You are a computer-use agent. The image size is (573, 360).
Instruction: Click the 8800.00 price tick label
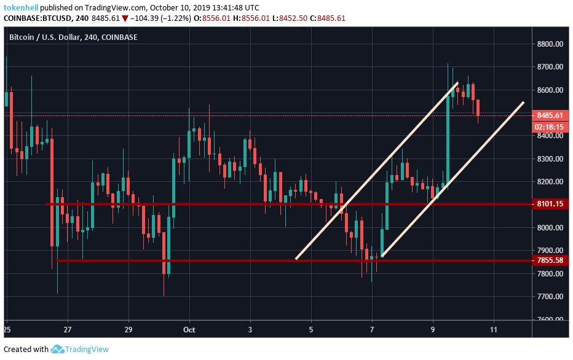(x=549, y=44)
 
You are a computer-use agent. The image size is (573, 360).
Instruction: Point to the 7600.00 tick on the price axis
(x=549, y=319)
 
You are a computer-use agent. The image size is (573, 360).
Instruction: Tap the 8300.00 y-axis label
(x=549, y=159)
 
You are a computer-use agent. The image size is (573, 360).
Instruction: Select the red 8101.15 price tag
(x=549, y=204)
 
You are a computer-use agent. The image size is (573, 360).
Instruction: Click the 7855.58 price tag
(x=549, y=260)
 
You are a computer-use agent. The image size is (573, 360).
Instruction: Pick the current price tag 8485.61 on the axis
(x=549, y=115)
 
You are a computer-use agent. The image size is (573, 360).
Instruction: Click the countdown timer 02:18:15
(x=549, y=126)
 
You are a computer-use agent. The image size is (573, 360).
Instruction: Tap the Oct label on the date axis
(x=189, y=331)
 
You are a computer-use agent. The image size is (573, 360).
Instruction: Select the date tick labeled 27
(x=68, y=331)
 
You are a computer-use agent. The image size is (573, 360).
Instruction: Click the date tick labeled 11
(x=494, y=331)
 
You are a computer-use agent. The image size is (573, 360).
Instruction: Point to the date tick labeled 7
(x=372, y=331)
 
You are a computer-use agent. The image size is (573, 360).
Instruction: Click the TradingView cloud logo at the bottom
(x=58, y=350)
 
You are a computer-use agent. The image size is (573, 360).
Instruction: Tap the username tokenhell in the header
(x=25, y=7)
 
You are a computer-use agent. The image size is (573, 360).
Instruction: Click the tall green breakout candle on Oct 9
(x=448, y=138)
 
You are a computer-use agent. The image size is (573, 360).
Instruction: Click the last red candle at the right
(x=478, y=107)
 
